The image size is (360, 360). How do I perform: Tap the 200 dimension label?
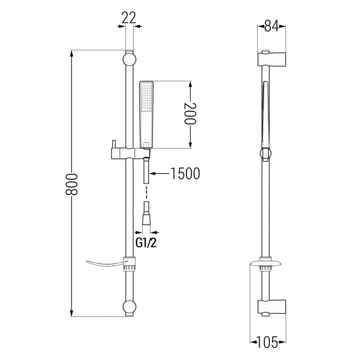coord(190,114)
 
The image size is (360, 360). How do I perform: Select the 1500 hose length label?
coord(184,173)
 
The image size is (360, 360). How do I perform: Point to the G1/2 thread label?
coord(146,243)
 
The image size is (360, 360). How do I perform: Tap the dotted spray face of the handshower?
coord(146,97)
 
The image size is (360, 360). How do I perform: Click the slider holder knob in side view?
coord(265,153)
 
